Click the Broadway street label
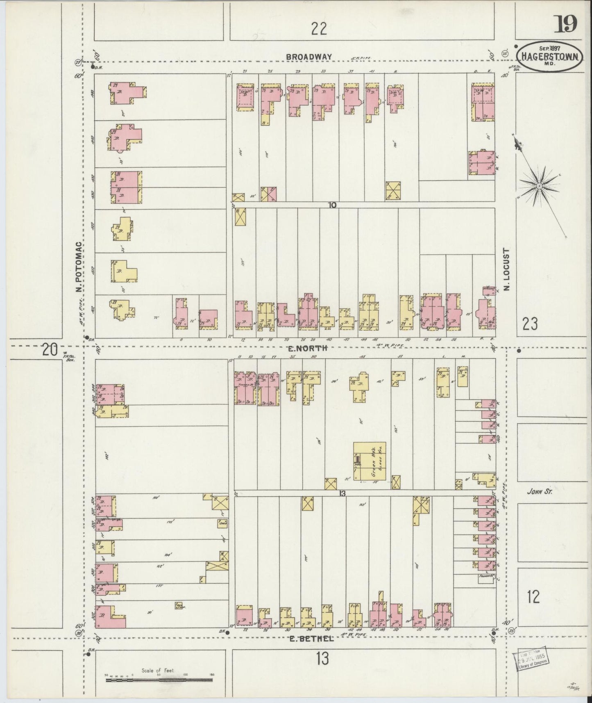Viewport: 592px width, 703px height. (x=308, y=57)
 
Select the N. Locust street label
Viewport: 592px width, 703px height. (x=507, y=269)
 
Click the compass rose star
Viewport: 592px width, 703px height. (x=540, y=186)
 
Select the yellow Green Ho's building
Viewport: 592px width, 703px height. (x=370, y=461)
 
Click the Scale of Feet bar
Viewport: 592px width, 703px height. (x=160, y=680)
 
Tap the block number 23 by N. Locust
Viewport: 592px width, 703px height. (x=530, y=324)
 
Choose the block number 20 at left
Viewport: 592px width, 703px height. (x=50, y=350)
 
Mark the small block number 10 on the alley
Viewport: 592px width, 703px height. (x=332, y=205)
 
